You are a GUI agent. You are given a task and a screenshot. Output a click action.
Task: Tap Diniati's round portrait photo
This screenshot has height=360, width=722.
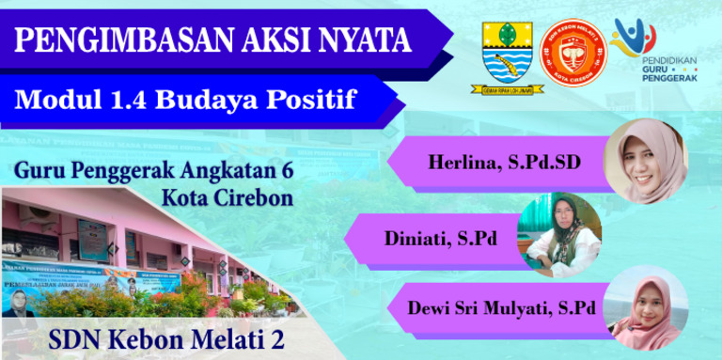coord(561,234)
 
